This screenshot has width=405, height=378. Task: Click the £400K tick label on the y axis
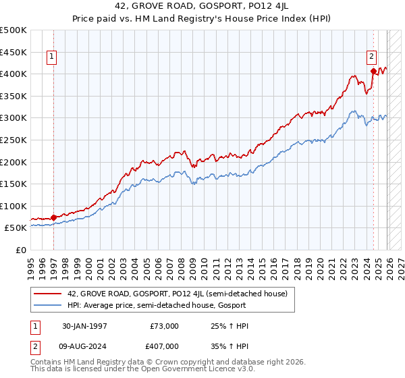13,74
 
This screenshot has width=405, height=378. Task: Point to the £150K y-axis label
13,184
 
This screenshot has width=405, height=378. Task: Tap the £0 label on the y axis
22,250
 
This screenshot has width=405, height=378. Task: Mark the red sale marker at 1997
54,217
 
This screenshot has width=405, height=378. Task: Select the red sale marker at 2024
373,70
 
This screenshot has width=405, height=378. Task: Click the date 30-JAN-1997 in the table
85,326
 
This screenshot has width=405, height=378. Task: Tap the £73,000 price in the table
165,326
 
